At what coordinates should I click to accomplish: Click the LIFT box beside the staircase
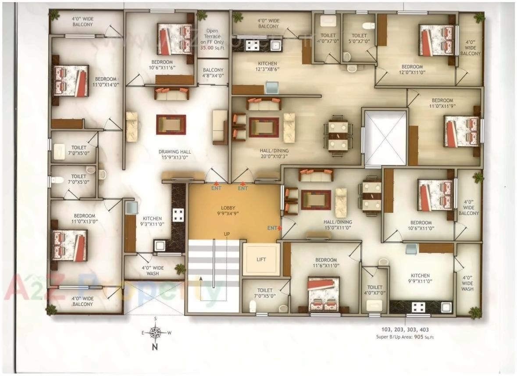[x=261, y=259]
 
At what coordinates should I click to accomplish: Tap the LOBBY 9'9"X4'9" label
[x=227, y=210]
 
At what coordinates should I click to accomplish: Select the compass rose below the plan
[x=155, y=333]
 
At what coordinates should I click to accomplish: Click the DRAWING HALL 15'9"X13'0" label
[x=175, y=154]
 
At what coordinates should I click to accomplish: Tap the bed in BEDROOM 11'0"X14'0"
[x=71, y=81]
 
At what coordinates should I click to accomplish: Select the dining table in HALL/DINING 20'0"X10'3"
[x=338, y=136]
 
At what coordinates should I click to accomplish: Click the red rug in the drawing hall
[x=171, y=125]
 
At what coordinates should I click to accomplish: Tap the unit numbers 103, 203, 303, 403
[x=405, y=330]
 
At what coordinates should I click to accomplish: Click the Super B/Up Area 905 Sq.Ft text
[x=405, y=337]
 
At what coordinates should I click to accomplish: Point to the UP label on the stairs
[x=227, y=234]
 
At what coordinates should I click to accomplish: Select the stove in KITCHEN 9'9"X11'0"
[x=418, y=307]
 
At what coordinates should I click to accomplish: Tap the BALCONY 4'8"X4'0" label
[x=213, y=72]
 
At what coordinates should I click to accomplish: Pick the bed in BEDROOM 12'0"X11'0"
[x=436, y=40]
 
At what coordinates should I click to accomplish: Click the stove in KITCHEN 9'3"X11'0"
[x=178, y=215]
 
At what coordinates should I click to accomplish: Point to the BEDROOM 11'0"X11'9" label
[x=442, y=103]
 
